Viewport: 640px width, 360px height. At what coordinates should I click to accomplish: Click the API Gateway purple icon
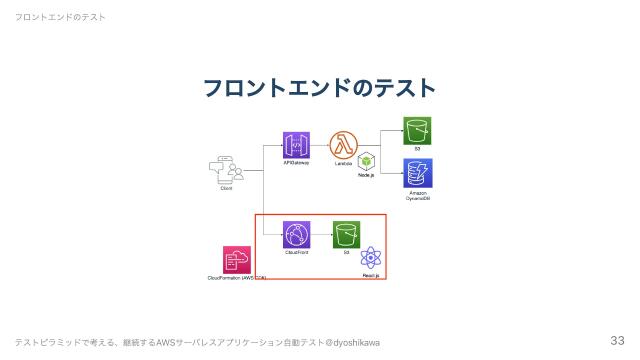point(296,145)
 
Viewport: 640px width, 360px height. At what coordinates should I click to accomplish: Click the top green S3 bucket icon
point(417,131)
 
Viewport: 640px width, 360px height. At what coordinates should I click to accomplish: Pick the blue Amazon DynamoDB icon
point(417,172)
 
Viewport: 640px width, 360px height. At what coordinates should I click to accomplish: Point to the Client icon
point(227,171)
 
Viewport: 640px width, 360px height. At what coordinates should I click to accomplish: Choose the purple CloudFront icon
point(296,235)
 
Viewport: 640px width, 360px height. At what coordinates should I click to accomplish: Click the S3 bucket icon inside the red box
point(346,235)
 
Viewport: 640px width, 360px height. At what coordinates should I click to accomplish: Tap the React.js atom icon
point(371,257)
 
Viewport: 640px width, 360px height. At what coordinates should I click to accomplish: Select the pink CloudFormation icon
point(237,260)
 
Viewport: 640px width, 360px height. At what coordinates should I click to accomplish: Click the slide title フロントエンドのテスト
point(320,88)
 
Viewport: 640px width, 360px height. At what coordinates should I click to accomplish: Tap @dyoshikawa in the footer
point(353,343)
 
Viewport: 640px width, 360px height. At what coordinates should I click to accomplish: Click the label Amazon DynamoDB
point(417,195)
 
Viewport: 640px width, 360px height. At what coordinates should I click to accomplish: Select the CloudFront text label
point(296,253)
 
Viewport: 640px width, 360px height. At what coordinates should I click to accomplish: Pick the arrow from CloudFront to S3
point(321,235)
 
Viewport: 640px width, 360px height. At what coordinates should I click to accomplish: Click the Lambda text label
point(343,162)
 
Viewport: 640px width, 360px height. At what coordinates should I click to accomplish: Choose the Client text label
point(226,188)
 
